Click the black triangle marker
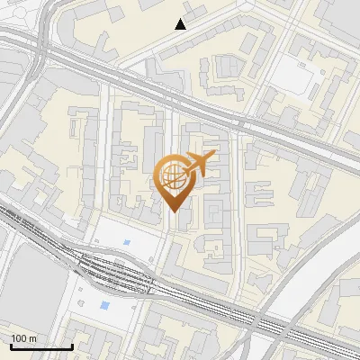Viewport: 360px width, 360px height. tap(181, 24)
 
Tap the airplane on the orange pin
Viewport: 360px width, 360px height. tap(200, 163)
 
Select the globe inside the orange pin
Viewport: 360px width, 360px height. tap(171, 173)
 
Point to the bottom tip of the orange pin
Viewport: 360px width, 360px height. tap(173, 211)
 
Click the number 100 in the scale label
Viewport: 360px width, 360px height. tap(18, 338)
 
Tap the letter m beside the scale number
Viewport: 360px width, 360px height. tap(32, 338)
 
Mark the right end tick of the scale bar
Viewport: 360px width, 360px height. tap(72, 346)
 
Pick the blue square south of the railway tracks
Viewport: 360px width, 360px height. tap(106, 306)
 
